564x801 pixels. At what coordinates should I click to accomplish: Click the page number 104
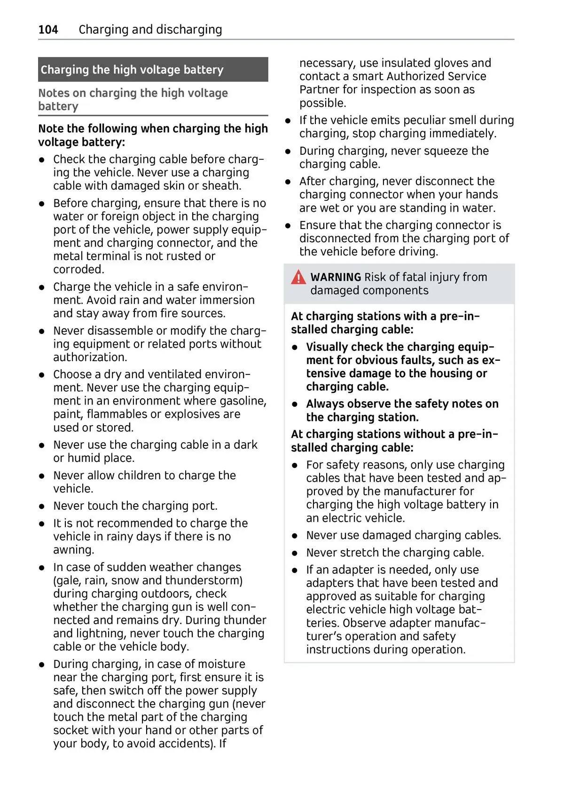click(x=48, y=30)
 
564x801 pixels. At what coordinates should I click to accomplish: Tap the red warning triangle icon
click(x=298, y=278)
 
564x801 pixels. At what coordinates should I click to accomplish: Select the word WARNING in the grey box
click(x=336, y=278)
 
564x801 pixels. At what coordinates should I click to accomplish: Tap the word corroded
click(x=78, y=270)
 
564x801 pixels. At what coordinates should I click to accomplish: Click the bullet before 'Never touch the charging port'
click(x=42, y=507)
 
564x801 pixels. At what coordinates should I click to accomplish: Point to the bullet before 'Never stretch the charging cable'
click(x=295, y=553)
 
